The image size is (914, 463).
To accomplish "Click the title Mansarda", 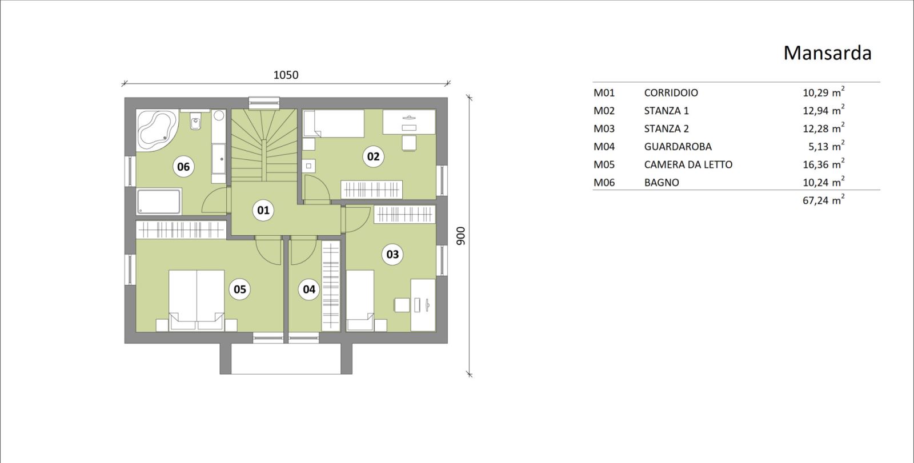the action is [827, 53].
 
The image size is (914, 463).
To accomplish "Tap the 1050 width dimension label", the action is [286, 75].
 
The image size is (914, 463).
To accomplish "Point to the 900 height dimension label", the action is [460, 236].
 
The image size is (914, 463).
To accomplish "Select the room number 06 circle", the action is [183, 167].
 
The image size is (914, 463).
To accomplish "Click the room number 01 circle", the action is [263, 210].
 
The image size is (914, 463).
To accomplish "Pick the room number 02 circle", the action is [374, 156].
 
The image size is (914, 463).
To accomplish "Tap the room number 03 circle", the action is [392, 254].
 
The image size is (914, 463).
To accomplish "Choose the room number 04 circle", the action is [309, 289].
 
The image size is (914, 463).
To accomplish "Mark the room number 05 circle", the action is [239, 289].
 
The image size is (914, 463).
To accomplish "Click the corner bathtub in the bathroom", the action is [157, 130].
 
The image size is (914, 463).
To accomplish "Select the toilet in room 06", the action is [195, 121].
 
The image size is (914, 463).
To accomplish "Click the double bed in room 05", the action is [197, 300].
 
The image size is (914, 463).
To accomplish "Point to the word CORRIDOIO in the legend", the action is [671, 93].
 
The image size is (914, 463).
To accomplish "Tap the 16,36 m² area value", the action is [823, 164].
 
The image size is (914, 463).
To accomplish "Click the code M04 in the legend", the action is [604, 147].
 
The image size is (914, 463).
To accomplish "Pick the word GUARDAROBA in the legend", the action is [678, 147].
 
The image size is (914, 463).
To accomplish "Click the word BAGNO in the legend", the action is [662, 183].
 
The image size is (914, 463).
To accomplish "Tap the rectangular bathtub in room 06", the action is [159, 202].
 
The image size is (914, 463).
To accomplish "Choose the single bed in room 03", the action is [360, 300].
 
